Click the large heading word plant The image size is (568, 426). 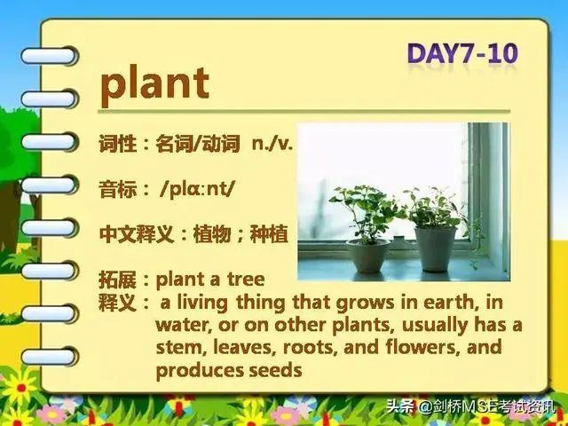[x=154, y=85]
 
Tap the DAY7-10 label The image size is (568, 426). [x=462, y=53]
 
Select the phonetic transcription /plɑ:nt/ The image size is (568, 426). [x=197, y=189]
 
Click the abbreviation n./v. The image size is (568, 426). [x=272, y=144]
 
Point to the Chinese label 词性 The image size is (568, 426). [x=117, y=144]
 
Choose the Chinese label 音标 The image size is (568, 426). [x=117, y=189]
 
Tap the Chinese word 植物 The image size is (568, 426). [x=212, y=234]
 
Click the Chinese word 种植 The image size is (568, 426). [x=269, y=234]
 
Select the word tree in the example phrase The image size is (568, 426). [x=246, y=279]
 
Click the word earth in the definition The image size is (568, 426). [x=448, y=302]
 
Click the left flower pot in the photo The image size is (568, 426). [x=367, y=256]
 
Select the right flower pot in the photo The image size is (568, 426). [x=435, y=248]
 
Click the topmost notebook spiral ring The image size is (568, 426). [x=50, y=56]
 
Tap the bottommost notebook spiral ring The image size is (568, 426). [x=50, y=357]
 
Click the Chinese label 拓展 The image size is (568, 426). [x=117, y=280]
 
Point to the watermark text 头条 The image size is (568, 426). [x=399, y=406]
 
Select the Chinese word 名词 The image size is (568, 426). [x=174, y=144]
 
